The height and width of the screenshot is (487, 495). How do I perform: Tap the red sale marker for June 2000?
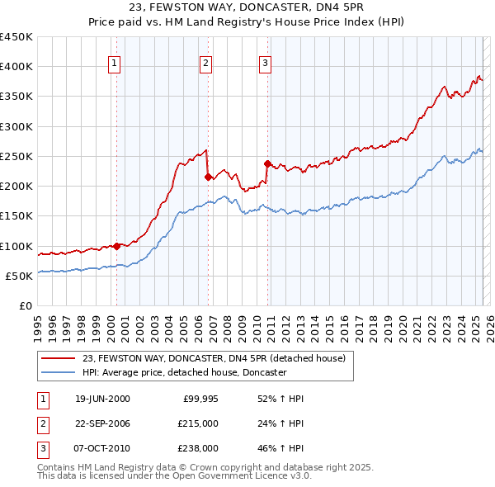pos(116,245)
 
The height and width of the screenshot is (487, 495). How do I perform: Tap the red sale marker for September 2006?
pos(208,177)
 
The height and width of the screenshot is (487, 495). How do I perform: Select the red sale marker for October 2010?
pos(267,163)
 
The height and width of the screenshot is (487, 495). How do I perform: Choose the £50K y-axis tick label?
pos(20,276)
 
